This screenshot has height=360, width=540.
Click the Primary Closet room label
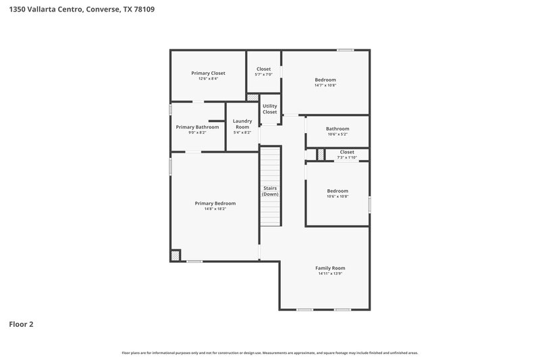point(208,73)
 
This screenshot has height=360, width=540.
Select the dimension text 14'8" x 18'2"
point(215,209)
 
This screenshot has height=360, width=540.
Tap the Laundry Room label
point(242,124)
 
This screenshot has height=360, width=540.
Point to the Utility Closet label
point(269,109)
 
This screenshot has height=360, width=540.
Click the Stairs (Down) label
point(270,191)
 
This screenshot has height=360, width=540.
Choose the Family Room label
point(331,268)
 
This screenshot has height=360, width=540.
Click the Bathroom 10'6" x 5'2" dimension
point(337,134)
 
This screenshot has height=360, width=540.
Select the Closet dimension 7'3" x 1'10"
point(347,158)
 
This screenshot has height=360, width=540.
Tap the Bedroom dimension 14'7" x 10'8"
point(325,86)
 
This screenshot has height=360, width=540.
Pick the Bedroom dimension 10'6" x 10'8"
point(337,197)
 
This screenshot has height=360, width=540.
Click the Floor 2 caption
point(21,324)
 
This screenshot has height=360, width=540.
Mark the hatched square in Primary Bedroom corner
point(175,255)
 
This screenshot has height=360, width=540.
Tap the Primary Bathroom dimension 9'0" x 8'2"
point(197,132)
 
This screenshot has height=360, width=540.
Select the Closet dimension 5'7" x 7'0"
point(263,74)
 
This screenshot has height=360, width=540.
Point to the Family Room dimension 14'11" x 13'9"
point(331,274)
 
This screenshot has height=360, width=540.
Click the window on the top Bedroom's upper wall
point(345,50)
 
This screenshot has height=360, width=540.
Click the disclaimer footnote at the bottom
point(270,353)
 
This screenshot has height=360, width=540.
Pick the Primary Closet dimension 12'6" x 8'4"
point(208,79)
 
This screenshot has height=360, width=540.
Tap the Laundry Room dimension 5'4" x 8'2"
point(242,132)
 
